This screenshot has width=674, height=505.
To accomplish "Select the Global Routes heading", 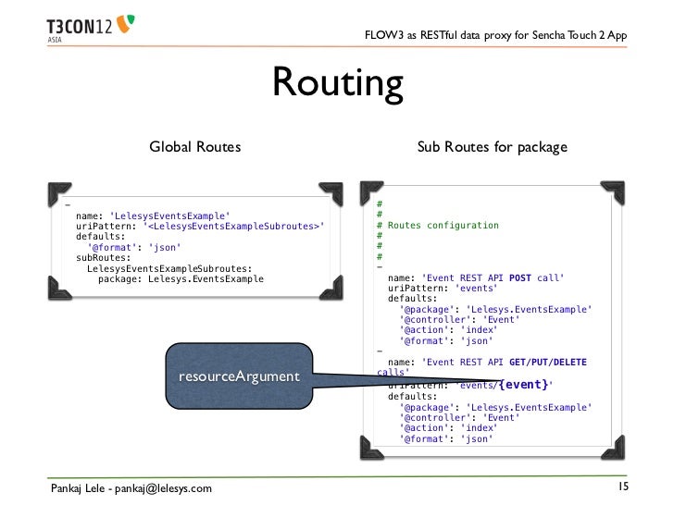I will click(x=195, y=146).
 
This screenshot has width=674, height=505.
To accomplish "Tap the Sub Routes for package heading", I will click(x=492, y=146).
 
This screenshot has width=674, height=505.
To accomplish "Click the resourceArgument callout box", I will click(x=239, y=376).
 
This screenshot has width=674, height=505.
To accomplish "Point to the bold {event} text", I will click(x=524, y=384).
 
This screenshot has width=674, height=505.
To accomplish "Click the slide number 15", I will click(x=623, y=487).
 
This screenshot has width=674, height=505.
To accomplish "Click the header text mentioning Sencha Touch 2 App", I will click(x=496, y=35).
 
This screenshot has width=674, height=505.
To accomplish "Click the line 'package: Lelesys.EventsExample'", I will click(x=181, y=278).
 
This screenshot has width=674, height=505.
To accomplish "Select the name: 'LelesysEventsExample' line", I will click(x=153, y=215).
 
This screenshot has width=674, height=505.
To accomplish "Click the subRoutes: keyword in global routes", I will click(x=104, y=257).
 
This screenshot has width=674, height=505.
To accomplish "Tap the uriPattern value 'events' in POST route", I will click(x=475, y=289).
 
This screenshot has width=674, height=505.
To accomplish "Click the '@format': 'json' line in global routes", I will click(x=133, y=247).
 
